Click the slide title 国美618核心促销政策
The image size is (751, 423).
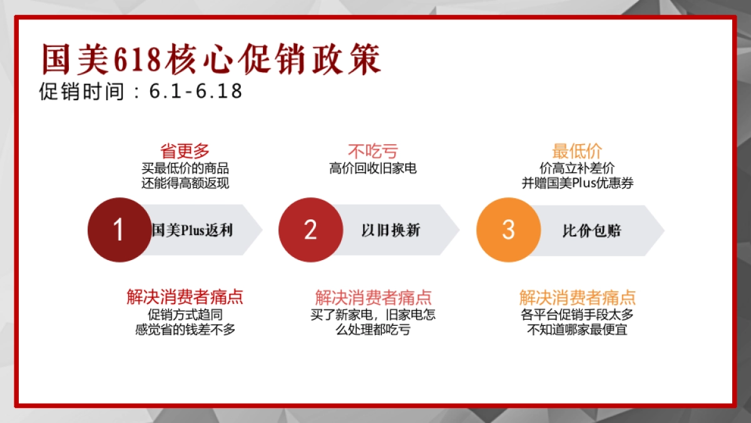(x=211, y=60)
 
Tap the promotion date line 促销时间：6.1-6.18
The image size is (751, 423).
(x=140, y=91)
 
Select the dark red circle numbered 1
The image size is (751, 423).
(x=119, y=230)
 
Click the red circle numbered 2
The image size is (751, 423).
(x=310, y=230)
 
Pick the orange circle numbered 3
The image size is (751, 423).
(x=508, y=230)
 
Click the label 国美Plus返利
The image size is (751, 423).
(x=192, y=231)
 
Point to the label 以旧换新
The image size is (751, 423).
(x=391, y=231)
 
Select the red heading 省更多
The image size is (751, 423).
(x=185, y=151)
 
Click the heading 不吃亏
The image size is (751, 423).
(x=372, y=151)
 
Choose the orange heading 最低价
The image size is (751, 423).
(x=576, y=151)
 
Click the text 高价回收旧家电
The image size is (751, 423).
(x=372, y=168)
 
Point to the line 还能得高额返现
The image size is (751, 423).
(x=185, y=183)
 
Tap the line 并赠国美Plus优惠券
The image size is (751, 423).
(x=578, y=183)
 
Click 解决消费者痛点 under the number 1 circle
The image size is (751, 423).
(x=185, y=297)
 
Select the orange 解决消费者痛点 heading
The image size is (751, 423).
(x=577, y=297)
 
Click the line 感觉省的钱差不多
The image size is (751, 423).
(x=185, y=329)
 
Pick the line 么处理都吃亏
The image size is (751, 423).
(x=372, y=329)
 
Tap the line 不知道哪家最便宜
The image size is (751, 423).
(x=577, y=329)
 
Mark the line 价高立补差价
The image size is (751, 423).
(x=577, y=168)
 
